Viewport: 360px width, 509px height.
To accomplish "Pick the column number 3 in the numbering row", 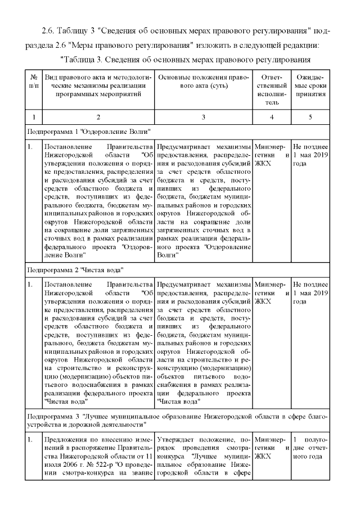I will pyautogui.click(x=203, y=117).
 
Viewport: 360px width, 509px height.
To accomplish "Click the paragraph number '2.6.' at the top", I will pyautogui.click(x=49, y=30).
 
